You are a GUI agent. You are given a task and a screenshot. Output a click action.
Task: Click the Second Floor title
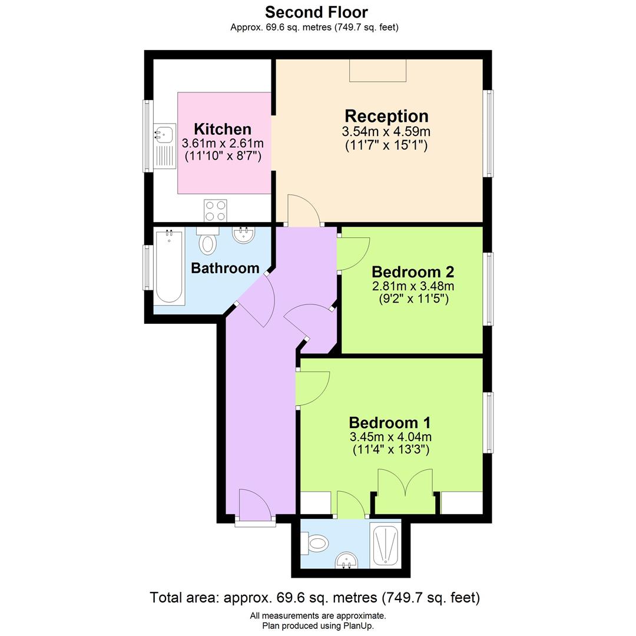[316, 12]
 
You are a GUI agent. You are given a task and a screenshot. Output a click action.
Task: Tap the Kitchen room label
[223, 129]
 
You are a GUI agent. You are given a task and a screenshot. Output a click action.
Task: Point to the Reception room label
[386, 116]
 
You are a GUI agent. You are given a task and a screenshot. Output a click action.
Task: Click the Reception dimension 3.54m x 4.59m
[386, 131]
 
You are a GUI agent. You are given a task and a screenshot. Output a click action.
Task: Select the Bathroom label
[225, 269]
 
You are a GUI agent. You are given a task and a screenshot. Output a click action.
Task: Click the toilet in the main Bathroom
[207, 241]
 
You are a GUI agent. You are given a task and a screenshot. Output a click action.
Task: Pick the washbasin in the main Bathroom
[243, 236]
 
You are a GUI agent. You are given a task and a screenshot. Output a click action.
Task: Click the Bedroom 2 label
[413, 272]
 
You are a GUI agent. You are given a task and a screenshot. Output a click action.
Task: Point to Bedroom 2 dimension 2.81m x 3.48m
[413, 286]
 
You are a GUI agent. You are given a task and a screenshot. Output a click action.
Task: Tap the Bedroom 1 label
[390, 423]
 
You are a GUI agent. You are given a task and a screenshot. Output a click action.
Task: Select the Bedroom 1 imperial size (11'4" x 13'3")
[390, 450]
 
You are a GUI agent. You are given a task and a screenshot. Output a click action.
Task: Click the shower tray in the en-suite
[386, 545]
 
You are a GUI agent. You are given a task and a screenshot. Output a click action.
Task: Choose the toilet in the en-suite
[316, 542]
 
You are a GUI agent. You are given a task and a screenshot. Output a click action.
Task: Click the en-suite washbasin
[347, 561]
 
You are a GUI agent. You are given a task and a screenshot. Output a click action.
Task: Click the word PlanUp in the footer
[356, 626]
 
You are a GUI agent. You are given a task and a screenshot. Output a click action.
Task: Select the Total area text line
[315, 598]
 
